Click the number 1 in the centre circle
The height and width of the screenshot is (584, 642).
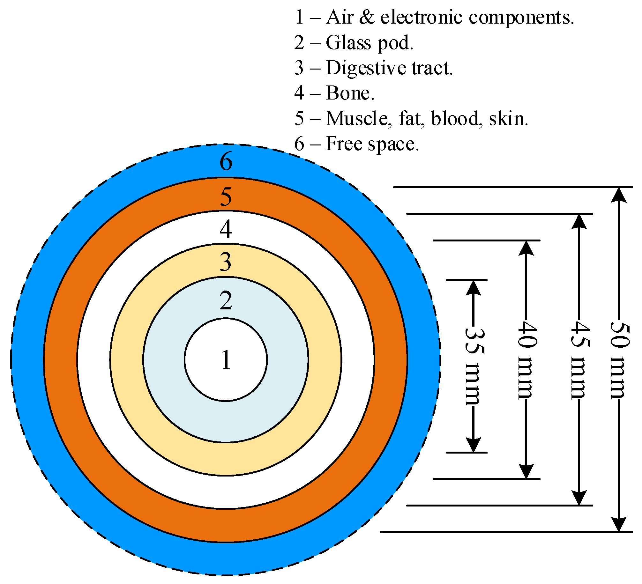[226, 360]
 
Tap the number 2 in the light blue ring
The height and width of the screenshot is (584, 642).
[226, 300]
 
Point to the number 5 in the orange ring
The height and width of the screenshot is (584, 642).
[226, 196]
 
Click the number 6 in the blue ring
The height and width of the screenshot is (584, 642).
[226, 161]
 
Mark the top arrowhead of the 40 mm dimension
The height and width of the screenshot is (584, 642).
[526, 248]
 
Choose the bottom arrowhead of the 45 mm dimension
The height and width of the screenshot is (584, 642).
[579, 498]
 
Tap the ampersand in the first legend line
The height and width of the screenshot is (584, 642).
[367, 17]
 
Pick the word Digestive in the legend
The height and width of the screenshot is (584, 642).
[366, 68]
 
